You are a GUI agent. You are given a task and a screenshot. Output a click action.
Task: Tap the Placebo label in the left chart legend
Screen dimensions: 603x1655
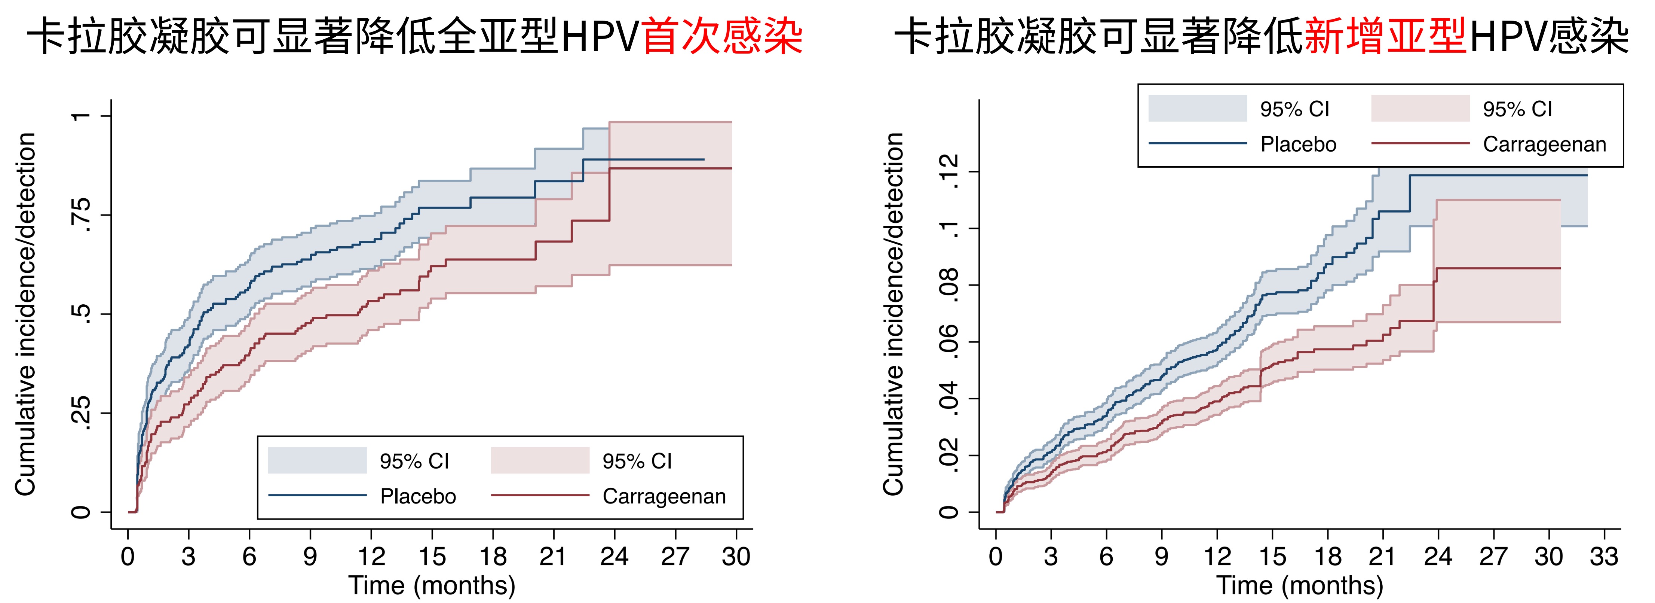418,496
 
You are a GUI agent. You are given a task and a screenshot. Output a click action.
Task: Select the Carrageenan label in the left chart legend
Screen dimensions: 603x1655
663,496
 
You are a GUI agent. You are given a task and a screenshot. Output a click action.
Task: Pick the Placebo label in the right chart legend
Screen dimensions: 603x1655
1298,144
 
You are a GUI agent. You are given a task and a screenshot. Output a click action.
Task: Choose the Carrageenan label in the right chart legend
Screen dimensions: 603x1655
1544,144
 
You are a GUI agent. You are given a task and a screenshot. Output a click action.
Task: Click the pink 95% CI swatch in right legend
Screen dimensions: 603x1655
1420,109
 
